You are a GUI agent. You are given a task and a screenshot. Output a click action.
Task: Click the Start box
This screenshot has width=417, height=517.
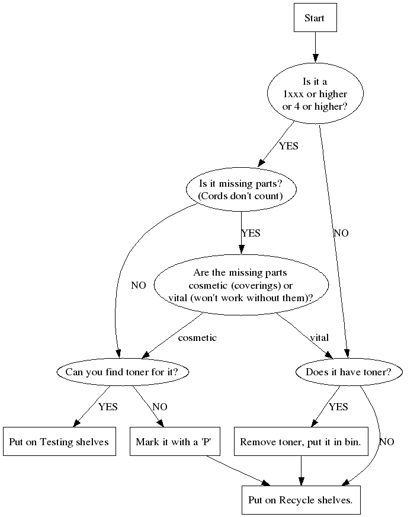point(315,18)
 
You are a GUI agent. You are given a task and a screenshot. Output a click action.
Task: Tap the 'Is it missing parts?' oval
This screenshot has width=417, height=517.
point(240,190)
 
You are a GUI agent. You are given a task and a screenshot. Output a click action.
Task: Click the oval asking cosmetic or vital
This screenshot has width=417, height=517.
point(240,285)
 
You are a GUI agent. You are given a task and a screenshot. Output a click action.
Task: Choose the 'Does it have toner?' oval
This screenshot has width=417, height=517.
point(349,372)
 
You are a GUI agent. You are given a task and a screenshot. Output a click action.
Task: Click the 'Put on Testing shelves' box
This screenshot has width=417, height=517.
point(59,442)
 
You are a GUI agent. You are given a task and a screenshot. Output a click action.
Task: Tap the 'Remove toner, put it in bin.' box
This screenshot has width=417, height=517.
point(300,442)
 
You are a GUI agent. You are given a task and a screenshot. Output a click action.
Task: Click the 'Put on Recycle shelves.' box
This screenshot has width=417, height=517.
point(300,500)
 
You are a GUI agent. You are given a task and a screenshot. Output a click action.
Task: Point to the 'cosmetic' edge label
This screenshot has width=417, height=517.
point(197,338)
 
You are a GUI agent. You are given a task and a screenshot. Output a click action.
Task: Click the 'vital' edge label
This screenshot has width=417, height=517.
point(319,338)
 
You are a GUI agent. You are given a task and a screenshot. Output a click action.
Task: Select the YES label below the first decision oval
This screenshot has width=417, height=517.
point(288,146)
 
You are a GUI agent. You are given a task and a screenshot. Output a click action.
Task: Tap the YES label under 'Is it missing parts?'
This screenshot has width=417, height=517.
point(251,233)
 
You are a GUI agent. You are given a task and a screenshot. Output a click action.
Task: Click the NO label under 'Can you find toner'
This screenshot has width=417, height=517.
point(160,407)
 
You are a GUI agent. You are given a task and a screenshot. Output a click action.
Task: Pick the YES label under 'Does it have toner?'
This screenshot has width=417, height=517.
point(338,407)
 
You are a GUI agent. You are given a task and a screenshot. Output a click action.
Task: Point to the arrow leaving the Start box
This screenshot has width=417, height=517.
point(315,47)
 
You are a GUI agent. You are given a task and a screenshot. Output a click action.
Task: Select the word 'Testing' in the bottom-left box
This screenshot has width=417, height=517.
point(59,442)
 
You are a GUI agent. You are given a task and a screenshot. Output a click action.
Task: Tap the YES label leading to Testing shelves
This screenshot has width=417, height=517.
point(108,407)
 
